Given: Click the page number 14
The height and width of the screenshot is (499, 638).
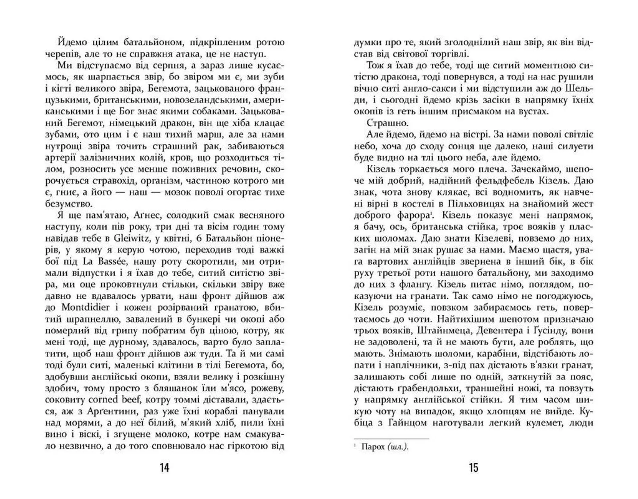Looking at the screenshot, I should click(x=165, y=468).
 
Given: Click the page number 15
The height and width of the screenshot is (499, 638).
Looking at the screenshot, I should click(x=474, y=468).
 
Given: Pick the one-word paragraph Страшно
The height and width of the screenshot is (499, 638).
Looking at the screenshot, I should click(x=387, y=123).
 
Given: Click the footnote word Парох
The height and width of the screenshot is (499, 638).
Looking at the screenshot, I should click(x=373, y=447).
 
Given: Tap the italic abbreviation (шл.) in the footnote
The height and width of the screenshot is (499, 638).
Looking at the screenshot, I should click(x=398, y=447).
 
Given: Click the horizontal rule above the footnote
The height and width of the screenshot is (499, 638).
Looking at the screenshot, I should click(x=391, y=439).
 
